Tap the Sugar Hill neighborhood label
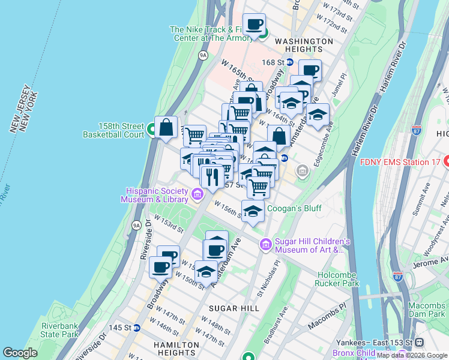click(x=234, y=308)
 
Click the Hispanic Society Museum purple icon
click(x=197, y=194)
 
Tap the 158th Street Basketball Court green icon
click(x=153, y=127)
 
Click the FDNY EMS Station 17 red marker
click(x=445, y=161)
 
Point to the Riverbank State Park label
click(x=60, y=330)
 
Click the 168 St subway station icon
click(x=289, y=62)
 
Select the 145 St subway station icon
click(x=137, y=328)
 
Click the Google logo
click(x=20, y=353)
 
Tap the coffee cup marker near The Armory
click(x=254, y=25)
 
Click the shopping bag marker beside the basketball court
click(x=166, y=127)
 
